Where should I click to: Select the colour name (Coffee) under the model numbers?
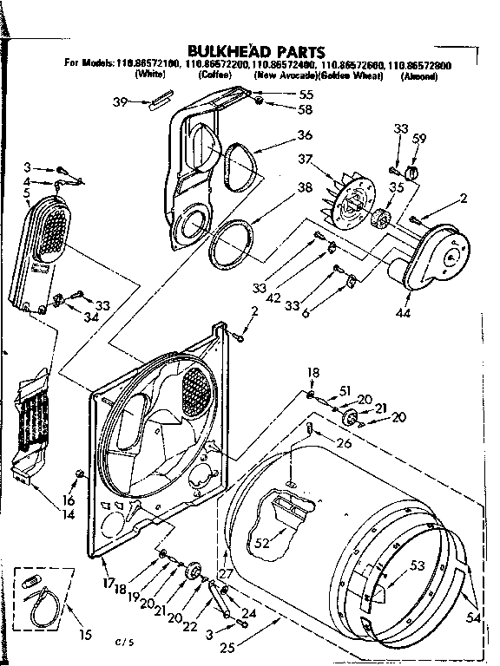pyautogui.click(x=214, y=76)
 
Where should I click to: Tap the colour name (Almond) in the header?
pyautogui.click(x=418, y=76)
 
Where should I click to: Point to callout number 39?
pyautogui.click(x=122, y=101)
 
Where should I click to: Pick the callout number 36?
pyautogui.click(x=304, y=134)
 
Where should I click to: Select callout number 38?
pyautogui.click(x=304, y=187)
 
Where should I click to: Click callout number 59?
pyautogui.click(x=419, y=138)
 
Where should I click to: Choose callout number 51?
pyautogui.click(x=345, y=389)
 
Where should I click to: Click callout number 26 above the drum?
pyautogui.click(x=344, y=445)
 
